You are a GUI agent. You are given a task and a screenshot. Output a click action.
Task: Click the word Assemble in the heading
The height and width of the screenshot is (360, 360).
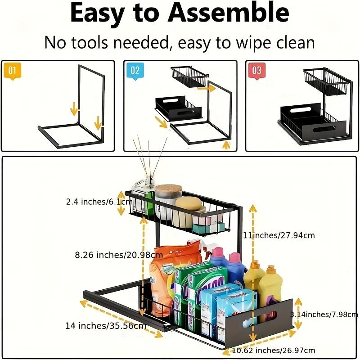[229, 13]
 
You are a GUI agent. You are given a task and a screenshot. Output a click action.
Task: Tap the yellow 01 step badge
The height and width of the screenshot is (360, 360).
[12, 71]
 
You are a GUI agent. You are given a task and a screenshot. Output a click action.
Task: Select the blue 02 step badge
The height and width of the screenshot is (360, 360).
[135, 71]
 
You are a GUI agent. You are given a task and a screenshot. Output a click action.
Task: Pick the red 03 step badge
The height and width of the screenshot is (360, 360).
[256, 71]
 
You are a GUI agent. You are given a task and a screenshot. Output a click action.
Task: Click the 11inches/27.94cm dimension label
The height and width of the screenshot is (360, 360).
[279, 235]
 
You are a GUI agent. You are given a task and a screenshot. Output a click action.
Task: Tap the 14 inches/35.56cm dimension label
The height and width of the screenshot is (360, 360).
[106, 325]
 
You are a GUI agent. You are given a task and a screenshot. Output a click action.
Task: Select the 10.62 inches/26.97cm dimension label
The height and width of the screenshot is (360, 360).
[274, 350]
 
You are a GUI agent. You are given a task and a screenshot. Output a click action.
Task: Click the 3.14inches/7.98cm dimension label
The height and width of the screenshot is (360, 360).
[324, 314]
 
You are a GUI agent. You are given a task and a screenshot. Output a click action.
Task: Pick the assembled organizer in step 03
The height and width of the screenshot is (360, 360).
[313, 108]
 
